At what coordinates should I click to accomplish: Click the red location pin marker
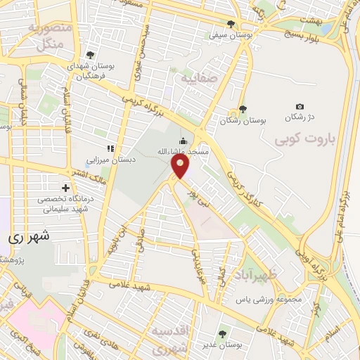coord(180,166)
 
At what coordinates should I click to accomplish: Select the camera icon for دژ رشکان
coord(300,106)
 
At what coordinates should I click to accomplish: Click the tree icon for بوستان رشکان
coord(243,109)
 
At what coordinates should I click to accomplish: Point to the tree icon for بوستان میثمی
coord(231,24)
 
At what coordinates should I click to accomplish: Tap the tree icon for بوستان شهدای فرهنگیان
coord(89,54)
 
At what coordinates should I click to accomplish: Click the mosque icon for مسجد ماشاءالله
coord(184,141)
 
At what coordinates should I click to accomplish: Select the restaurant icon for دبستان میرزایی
coord(109,148)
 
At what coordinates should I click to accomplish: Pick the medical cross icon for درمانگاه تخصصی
coord(66,188)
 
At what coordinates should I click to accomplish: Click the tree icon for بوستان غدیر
coord(222,334)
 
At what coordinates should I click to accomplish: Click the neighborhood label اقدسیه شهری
coord(172,341)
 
